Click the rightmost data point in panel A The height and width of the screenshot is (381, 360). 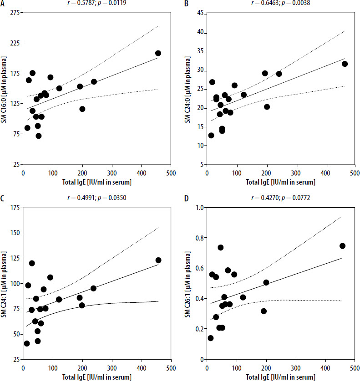[x=158, y=53]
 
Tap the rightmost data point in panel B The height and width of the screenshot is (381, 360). [x=345, y=64]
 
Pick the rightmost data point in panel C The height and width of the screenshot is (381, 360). [x=158, y=260]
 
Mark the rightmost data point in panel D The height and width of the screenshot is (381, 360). [x=342, y=246]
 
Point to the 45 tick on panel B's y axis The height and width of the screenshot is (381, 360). [x=199, y=13]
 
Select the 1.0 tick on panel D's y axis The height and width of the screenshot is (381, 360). [x=198, y=208]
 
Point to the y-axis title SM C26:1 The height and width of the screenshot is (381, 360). [x=188, y=283]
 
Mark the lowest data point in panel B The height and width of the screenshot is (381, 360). [x=211, y=135]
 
